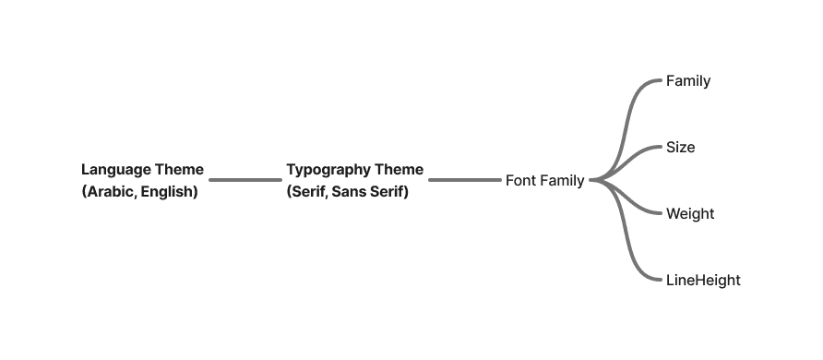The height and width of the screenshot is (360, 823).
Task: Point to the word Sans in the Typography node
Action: point(344,192)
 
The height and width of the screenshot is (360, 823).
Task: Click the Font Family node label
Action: point(544,181)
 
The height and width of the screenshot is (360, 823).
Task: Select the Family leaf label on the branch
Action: point(688,81)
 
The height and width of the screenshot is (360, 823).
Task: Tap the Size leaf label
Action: point(680,148)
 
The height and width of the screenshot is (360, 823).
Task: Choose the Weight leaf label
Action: point(690,214)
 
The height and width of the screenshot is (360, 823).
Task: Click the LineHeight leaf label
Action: point(703,281)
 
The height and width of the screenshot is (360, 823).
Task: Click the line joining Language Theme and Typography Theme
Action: point(245,180)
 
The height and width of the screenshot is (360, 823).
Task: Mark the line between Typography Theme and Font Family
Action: point(464,180)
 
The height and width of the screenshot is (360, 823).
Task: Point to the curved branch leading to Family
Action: point(625,129)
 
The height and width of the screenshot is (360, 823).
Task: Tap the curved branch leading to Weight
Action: point(626,198)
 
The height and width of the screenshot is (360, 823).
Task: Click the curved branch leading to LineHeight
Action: point(625,231)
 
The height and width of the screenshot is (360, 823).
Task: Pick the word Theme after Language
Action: point(180,170)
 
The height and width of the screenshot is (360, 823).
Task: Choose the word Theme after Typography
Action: point(400,170)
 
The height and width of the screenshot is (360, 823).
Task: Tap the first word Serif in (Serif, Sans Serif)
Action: point(309,192)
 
